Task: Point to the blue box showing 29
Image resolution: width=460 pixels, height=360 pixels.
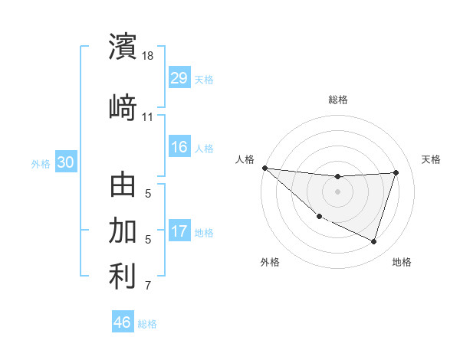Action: click(x=179, y=78)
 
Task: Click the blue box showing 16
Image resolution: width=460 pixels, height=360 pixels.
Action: click(x=179, y=147)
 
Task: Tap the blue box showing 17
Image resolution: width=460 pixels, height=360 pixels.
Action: click(x=179, y=231)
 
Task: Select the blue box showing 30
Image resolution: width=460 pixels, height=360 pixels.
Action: click(x=65, y=162)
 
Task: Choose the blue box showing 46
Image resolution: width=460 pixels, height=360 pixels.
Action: click(x=122, y=322)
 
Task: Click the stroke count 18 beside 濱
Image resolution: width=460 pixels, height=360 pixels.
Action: click(x=149, y=57)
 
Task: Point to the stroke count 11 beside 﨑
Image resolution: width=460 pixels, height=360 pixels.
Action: click(x=147, y=117)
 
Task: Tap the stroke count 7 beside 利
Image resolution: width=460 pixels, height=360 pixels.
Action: click(x=148, y=286)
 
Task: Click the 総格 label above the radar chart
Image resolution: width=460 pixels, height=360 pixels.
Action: click(x=338, y=100)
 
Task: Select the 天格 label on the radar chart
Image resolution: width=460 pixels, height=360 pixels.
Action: click(x=432, y=159)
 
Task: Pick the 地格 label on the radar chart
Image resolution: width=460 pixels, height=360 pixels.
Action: click(x=402, y=262)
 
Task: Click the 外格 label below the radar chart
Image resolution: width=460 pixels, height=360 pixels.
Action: click(x=270, y=262)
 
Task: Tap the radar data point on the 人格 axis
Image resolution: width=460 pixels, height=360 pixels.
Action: click(x=264, y=168)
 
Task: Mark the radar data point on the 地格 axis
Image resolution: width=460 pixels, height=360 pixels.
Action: click(x=373, y=241)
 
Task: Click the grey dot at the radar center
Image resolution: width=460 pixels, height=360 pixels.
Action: click(x=337, y=191)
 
